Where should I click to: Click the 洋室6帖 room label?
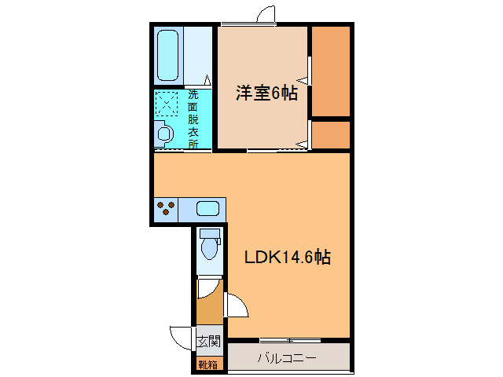(267, 93)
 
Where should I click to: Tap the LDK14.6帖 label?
(287, 257)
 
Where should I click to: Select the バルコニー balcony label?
(287, 358)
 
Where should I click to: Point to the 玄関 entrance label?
(208, 342)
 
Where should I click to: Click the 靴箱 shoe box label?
(207, 364)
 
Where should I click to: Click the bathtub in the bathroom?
(167, 55)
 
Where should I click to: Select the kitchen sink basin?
(207, 209)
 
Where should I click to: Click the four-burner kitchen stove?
(166, 209)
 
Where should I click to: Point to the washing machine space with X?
(167, 105)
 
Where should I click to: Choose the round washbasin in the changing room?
(165, 134)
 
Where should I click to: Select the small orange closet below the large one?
(331, 134)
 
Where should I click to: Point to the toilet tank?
(209, 233)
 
